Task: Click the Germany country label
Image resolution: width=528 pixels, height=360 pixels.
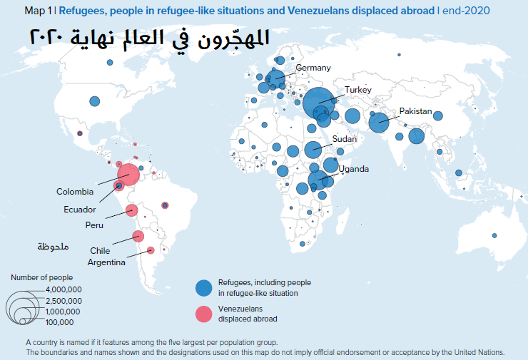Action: (313, 68)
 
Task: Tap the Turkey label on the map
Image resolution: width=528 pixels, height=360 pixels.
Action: (359, 90)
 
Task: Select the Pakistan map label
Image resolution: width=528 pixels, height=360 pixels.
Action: (416, 111)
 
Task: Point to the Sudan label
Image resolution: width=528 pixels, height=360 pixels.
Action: (344, 139)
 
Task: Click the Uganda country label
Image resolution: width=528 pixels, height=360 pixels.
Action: (354, 169)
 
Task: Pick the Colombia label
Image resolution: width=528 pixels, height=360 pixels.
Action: (75, 192)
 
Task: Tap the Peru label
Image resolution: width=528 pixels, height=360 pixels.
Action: (94, 226)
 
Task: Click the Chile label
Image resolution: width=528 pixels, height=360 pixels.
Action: (100, 250)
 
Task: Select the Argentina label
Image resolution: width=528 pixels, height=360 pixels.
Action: (106, 262)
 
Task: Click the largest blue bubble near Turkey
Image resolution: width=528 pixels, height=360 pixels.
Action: (318, 103)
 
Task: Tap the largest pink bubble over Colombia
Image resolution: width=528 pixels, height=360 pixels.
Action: (128, 173)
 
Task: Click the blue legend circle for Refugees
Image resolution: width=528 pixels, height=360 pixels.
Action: (204, 287)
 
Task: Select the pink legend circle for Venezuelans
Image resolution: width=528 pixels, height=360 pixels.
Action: (204, 314)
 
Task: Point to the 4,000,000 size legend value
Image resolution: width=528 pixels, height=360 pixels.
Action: (64, 289)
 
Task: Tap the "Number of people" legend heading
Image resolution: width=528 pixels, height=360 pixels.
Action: (41, 277)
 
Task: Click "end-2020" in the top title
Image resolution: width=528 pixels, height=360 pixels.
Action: (467, 11)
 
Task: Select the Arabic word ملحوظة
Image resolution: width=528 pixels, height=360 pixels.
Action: (54, 247)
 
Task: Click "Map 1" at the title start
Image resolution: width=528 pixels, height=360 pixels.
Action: (38, 11)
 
